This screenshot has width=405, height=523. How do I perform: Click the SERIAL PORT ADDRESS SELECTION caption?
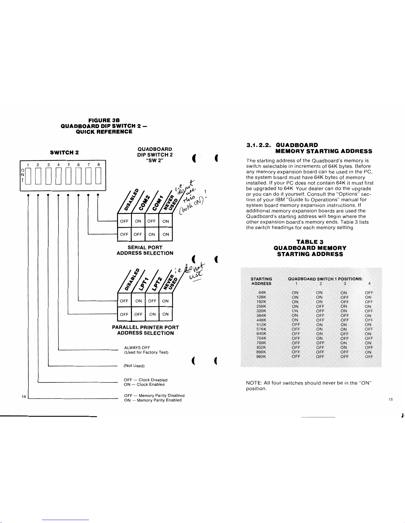(x=145, y=250)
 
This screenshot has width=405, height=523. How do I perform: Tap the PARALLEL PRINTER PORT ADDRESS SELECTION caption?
(x=145, y=330)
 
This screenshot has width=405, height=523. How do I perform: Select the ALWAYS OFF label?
(x=137, y=347)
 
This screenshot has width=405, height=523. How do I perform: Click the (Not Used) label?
(x=134, y=366)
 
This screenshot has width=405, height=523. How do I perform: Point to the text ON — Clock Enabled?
(x=144, y=384)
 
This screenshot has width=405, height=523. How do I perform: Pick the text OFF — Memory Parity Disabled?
(x=154, y=395)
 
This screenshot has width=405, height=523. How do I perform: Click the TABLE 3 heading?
(x=310, y=242)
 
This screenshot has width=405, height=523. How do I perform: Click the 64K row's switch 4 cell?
(x=369, y=293)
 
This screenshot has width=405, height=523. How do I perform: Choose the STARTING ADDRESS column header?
(x=261, y=281)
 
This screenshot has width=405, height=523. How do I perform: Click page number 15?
(x=391, y=400)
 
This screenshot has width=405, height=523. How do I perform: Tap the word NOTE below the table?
(x=254, y=383)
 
